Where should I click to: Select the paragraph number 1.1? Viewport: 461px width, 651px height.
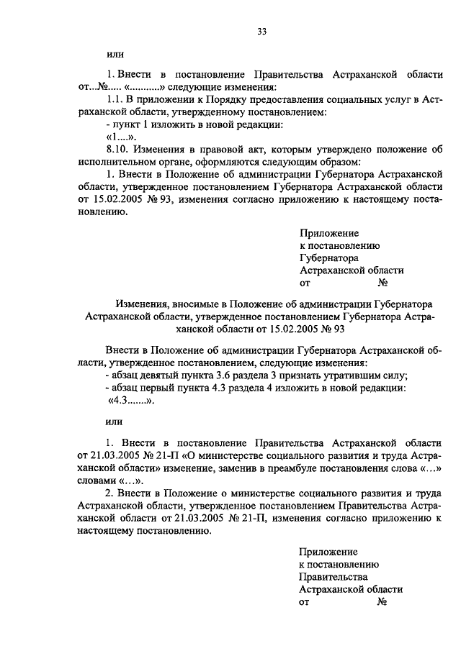(116, 99)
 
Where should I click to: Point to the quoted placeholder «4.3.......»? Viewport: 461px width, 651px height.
(131, 401)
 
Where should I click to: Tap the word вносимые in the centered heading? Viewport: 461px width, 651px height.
(202, 304)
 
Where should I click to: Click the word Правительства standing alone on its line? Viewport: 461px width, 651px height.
(333, 576)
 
